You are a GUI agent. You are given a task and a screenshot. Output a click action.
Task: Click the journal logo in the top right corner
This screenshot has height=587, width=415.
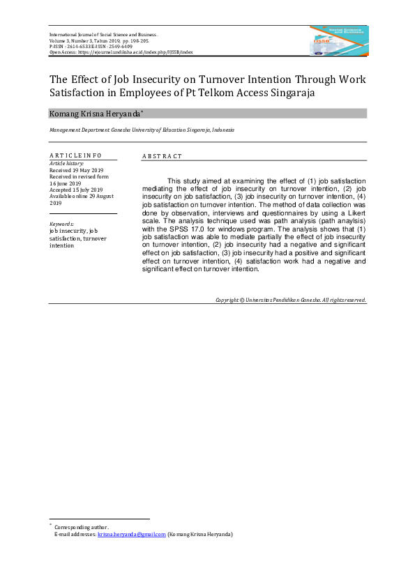339,40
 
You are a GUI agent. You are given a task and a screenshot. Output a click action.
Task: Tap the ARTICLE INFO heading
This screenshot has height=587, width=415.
75,155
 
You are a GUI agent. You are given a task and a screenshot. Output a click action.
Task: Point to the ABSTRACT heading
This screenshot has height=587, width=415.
162,157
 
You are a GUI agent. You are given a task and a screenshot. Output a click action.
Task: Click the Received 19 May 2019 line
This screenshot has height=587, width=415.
75,169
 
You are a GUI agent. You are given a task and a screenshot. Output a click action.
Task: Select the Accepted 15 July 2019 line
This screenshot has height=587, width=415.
76,190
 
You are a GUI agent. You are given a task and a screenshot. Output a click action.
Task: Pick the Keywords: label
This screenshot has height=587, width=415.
61,224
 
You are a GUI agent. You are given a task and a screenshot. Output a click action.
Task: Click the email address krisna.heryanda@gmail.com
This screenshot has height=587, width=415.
131,534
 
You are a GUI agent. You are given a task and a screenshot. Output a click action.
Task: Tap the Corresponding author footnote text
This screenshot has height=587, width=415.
81,527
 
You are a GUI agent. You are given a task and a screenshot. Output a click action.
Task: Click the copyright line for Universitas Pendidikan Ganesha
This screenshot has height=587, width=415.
290,300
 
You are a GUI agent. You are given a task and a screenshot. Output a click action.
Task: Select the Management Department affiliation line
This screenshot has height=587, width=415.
142,130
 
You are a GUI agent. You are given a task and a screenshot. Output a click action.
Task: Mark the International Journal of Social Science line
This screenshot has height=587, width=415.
103,34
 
